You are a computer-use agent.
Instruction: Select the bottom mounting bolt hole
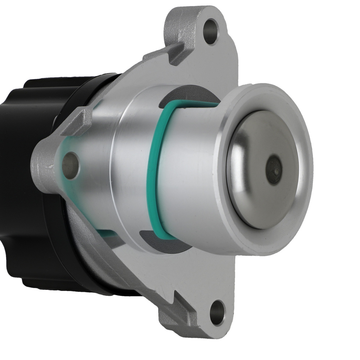point(217,312)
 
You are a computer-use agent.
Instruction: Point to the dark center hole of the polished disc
point(274,169)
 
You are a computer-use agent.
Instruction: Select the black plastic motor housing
point(25,180)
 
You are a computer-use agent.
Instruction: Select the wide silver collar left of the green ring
point(130,169)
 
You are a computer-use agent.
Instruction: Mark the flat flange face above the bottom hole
point(212,274)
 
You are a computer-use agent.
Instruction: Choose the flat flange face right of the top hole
point(227,61)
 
